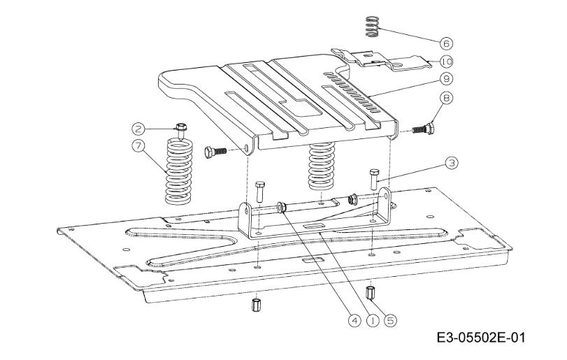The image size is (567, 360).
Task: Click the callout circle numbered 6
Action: click(447, 43)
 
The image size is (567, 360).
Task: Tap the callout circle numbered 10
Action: click(447, 62)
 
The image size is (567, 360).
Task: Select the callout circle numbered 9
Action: click(447, 79)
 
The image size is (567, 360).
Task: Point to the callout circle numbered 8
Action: click(447, 99)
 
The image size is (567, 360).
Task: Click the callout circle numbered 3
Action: click(451, 163)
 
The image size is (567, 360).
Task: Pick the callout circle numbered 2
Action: click(138, 129)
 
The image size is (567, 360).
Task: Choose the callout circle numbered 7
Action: click(138, 145)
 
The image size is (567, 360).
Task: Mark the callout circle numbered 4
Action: click(354, 320)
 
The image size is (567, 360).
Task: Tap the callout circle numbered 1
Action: click(373, 320)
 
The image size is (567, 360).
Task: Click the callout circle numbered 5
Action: click(390, 320)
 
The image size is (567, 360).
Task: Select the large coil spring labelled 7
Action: click(179, 172)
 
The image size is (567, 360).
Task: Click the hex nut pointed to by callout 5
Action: click(370, 292)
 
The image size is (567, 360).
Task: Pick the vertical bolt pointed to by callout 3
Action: click(374, 179)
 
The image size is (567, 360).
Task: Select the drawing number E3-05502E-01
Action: click(481, 338)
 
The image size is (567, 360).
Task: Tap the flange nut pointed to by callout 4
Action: click(281, 208)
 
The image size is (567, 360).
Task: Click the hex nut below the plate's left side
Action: click(256, 305)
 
